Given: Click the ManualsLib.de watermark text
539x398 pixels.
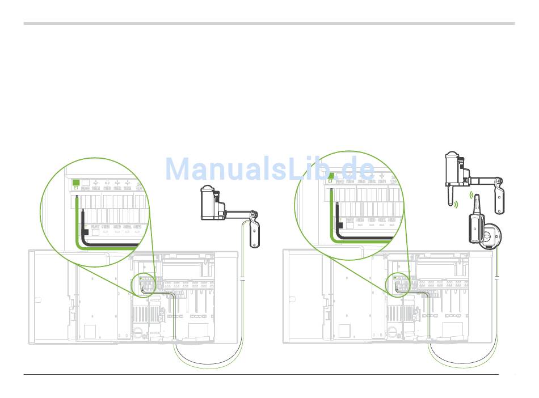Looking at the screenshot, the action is (x=270, y=168).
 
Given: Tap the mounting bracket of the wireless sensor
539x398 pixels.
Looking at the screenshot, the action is (x=499, y=196).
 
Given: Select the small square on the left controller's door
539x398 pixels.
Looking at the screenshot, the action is (x=90, y=331).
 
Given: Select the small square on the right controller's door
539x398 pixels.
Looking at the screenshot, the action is (x=344, y=331).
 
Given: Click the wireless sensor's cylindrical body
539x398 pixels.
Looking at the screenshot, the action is (x=452, y=169).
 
